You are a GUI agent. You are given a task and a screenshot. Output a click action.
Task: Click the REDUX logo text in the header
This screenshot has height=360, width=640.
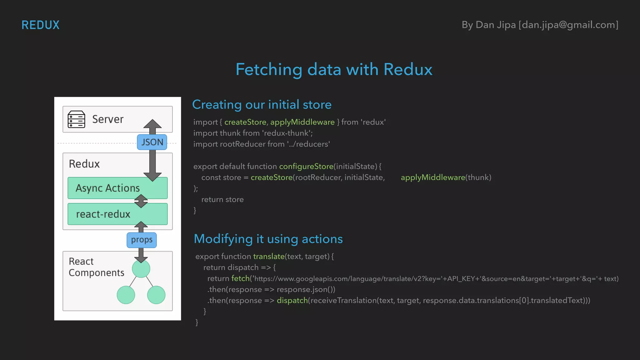click(x=40, y=25)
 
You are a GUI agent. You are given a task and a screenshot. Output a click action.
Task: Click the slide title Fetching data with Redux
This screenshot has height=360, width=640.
click(x=334, y=69)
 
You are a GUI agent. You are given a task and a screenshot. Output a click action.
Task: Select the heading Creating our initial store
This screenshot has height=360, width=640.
click(x=262, y=105)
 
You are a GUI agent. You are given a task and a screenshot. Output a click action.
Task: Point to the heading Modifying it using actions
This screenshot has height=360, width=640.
click(x=268, y=239)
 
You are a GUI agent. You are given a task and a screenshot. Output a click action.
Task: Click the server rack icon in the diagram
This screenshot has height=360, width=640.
click(x=76, y=119)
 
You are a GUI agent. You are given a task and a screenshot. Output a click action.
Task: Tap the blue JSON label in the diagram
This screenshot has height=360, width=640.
click(x=152, y=142)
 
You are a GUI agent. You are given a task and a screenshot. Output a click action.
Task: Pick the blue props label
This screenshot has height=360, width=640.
click(x=142, y=240)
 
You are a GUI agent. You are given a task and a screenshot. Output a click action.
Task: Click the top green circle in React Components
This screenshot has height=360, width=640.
click(x=141, y=269)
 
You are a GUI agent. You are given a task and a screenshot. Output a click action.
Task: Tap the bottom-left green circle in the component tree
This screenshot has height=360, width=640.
click(x=126, y=295)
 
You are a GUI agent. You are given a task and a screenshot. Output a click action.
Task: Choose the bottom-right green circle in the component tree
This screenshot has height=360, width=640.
click(x=156, y=295)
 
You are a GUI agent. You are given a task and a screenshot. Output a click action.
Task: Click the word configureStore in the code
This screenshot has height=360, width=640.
click(x=306, y=167)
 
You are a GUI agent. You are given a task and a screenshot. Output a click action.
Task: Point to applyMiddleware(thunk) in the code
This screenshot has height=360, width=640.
click(x=446, y=177)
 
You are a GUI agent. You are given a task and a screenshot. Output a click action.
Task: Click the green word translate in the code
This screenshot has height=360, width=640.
click(x=269, y=257)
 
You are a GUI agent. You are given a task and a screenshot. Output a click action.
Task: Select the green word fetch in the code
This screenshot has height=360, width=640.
click(x=240, y=278)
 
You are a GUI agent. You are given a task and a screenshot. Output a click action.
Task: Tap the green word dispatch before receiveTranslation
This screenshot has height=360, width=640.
click(x=292, y=301)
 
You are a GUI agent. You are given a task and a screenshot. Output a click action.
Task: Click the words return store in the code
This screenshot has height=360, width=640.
click(x=222, y=200)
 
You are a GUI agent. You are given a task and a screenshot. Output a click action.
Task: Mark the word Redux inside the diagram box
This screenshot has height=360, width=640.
click(x=84, y=164)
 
